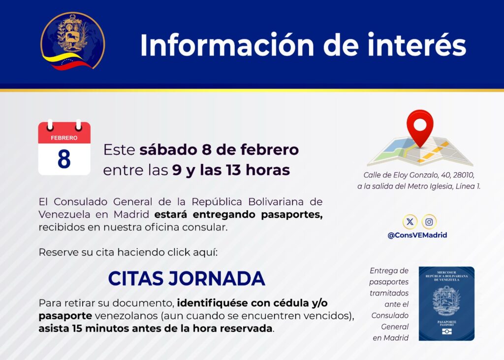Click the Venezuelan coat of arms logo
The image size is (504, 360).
tap(73, 41)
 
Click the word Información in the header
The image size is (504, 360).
tap(226, 46)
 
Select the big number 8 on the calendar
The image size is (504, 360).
tap(64, 159)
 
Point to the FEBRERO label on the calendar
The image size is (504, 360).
tap(64, 138)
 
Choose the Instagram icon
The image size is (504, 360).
tap(429, 222)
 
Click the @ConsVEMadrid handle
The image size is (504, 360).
tap(417, 235)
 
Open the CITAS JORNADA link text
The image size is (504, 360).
tap(187, 279)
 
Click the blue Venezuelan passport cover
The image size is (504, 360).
tap(446, 304)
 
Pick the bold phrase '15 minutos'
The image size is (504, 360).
tap(94, 328)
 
